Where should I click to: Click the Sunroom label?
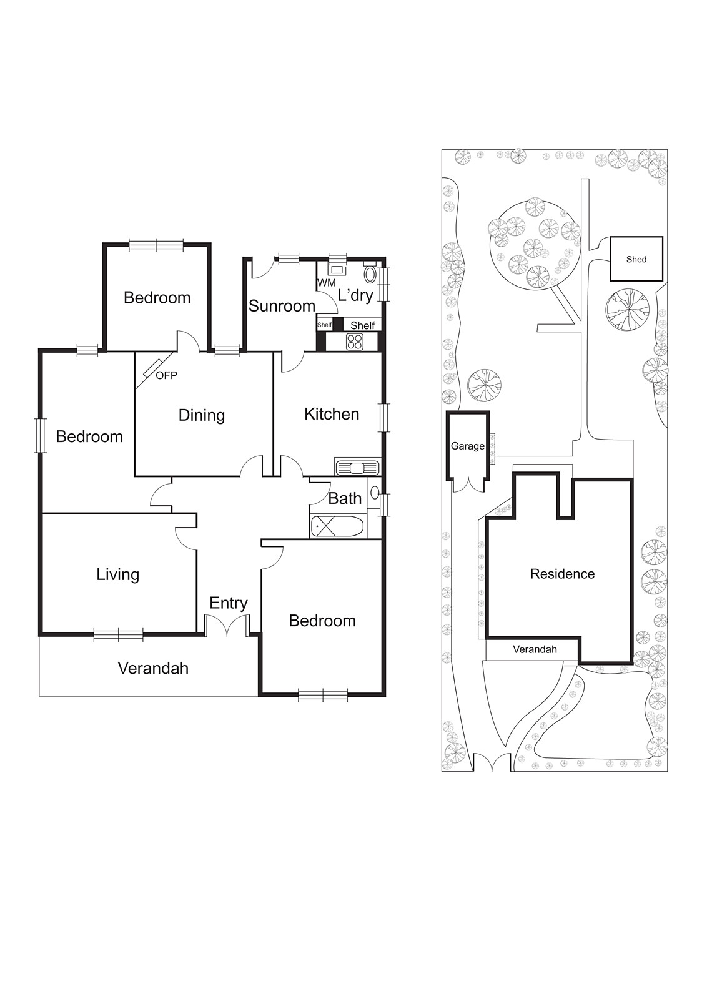pos(282,306)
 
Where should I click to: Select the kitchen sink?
pos(357,467)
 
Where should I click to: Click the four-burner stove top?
pos(355,342)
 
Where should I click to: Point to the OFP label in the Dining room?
pos(166,375)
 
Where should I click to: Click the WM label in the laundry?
pos(326,283)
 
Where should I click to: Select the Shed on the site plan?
pos(636,259)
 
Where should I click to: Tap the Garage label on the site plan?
pos(467,446)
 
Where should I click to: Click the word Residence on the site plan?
pos(562,574)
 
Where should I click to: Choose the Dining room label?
pos(201,415)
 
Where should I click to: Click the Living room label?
pos(117,574)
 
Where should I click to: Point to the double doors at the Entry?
pos(227,626)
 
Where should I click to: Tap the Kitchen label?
pos(332,414)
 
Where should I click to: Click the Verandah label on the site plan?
pos(535,649)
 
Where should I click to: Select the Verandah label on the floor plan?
pos(153,668)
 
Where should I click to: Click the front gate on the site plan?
pos(492,763)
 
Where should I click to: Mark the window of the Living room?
pos(118,636)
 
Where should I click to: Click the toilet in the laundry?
pos(370,274)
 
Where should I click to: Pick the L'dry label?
pos(355,295)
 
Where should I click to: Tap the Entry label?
pos(228,603)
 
